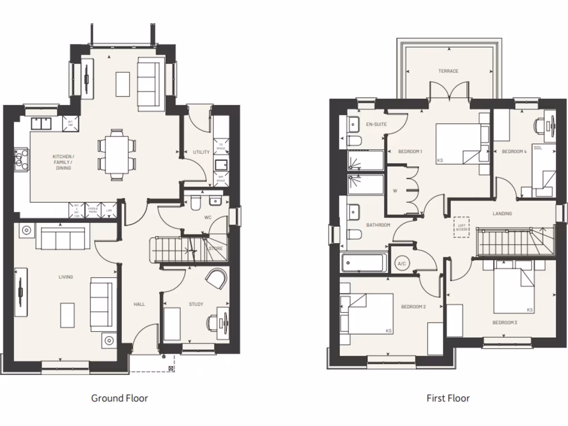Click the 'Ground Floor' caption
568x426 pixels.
click(119, 398)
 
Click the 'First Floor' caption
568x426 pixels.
click(448, 398)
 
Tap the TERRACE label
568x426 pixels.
click(448, 71)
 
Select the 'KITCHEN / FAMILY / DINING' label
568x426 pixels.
click(63, 162)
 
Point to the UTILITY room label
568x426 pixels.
click(200, 152)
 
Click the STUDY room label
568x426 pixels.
click(196, 304)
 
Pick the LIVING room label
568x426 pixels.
click(65, 277)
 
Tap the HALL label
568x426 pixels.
click(139, 304)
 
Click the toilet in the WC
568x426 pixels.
click(195, 204)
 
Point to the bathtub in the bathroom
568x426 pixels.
click(364, 263)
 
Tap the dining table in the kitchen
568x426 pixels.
click(116, 155)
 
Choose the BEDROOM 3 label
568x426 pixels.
click(504, 322)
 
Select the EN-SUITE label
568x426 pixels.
click(377, 124)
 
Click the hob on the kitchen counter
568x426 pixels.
click(22, 159)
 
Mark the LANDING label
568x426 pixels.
click(502, 214)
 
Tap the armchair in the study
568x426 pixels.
click(216, 279)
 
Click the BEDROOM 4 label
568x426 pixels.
click(514, 151)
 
